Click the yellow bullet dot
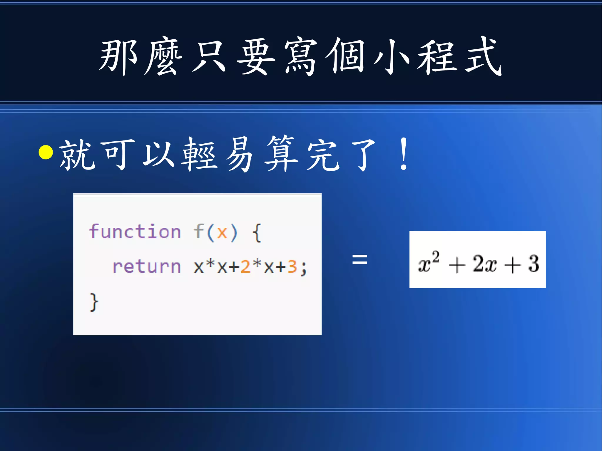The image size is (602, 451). click(46, 152)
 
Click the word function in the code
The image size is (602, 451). click(135, 232)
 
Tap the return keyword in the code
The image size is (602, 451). click(146, 267)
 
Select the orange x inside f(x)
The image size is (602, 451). click(222, 233)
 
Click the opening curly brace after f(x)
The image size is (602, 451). click(257, 233)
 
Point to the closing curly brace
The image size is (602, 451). click(94, 302)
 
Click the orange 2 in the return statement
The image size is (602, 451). click(245, 267)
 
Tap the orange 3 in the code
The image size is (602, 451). click(292, 267)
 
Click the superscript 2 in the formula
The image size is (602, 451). click(435, 257)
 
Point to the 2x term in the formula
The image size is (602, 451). click(484, 263)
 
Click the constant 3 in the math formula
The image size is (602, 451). click(534, 263)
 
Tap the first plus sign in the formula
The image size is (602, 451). click(457, 265)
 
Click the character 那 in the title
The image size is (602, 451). click(118, 56)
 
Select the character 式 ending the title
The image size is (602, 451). click(483, 56)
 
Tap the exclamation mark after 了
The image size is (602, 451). click(404, 154)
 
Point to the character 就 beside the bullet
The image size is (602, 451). click(77, 154)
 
